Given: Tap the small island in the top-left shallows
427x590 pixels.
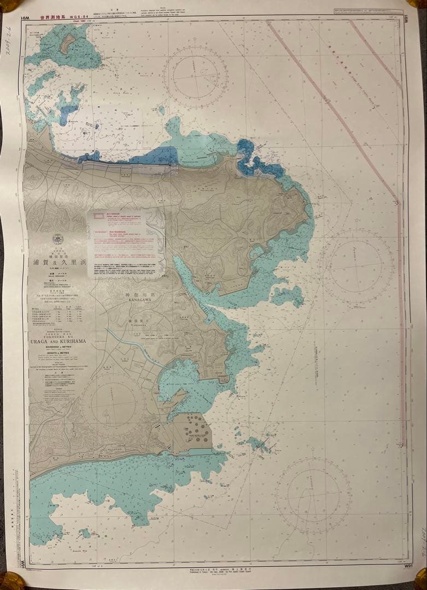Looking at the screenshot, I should pyautogui.click(x=68, y=44).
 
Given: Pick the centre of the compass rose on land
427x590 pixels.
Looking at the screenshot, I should pyautogui.click(x=114, y=403).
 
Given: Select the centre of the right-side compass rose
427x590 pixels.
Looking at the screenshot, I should pyautogui.click(x=356, y=266).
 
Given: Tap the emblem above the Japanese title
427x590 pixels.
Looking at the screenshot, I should pyautogui.click(x=57, y=240).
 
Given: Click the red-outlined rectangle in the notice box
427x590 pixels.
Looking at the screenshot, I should pyautogui.click(x=101, y=216).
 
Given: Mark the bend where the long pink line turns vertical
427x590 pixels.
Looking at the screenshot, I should pyautogui.click(x=398, y=201).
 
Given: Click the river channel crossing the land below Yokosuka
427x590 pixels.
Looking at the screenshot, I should pyautogui.click(x=139, y=350).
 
